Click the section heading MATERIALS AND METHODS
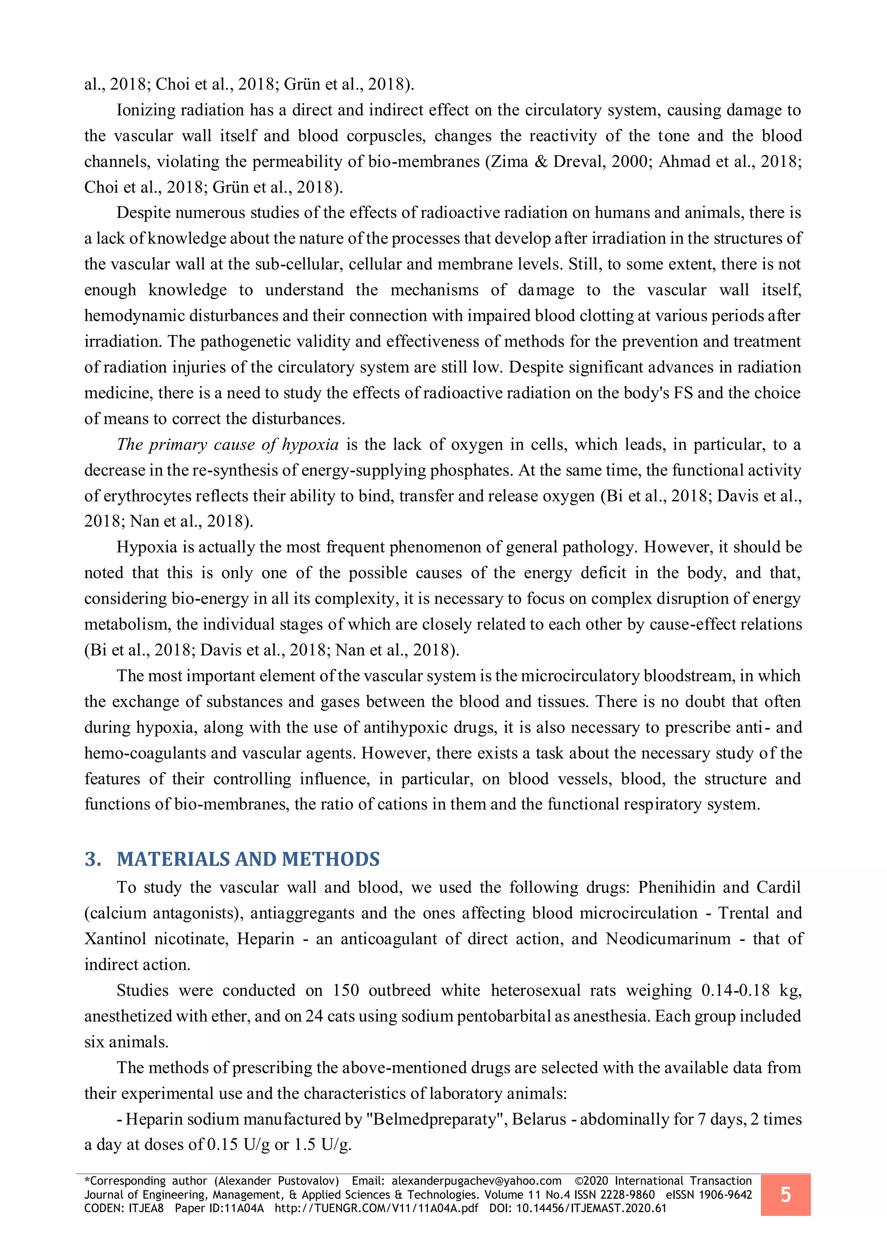[x=248, y=859]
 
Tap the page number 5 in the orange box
[x=785, y=1194]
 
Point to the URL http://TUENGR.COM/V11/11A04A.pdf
[x=376, y=1208]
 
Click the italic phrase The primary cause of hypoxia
[x=228, y=444]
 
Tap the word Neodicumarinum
[x=668, y=939]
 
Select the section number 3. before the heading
[x=93, y=859]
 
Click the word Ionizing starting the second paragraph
[x=145, y=110]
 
